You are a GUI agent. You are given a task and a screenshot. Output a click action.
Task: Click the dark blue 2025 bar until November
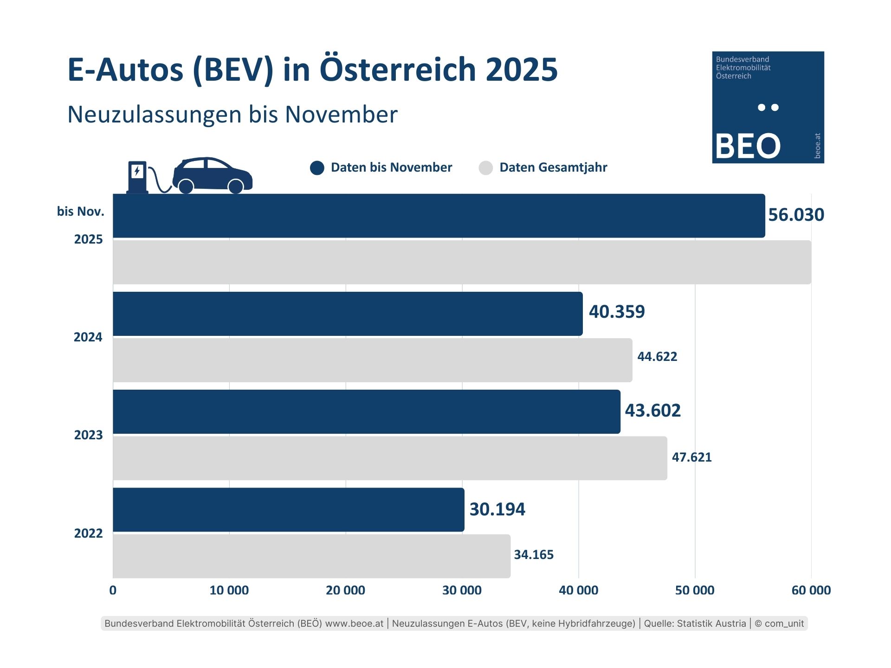[439, 216]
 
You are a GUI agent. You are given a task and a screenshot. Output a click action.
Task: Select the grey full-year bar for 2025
[462, 262]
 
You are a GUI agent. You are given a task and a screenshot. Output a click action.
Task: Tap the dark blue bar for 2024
[348, 314]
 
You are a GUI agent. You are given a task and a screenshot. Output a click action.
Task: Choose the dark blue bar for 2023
[366, 411]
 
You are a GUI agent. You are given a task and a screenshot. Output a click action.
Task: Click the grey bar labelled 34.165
[311, 556]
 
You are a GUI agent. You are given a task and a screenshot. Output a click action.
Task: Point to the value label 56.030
[796, 215]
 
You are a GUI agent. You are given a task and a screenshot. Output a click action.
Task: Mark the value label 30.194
[497, 509]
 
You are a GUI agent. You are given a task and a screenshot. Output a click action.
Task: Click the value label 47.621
[691, 457]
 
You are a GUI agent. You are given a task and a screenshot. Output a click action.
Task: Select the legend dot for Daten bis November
[317, 168]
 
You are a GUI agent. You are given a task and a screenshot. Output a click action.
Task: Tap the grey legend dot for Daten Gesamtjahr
[485, 168]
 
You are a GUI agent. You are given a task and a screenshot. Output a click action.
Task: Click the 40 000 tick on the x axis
[578, 590]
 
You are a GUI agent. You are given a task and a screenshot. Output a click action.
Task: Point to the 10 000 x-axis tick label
[229, 590]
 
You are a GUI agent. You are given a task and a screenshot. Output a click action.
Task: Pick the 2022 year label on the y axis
[88, 533]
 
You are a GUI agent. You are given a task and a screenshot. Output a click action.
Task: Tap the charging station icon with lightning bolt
[137, 177]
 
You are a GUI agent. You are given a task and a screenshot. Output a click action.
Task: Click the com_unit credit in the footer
[784, 623]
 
